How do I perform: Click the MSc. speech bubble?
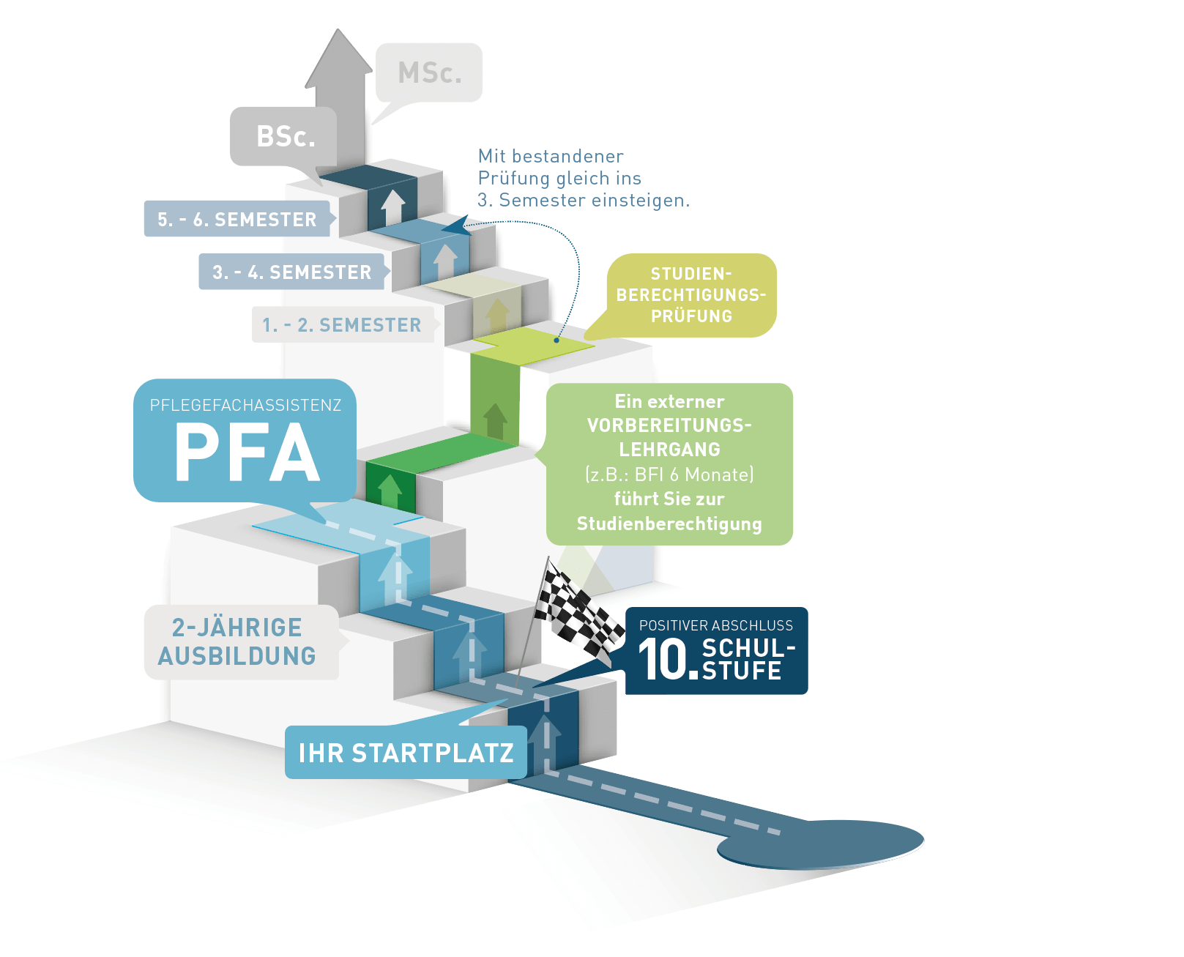click(429, 72)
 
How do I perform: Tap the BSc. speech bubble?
click(285, 137)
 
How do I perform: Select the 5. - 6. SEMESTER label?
click(237, 219)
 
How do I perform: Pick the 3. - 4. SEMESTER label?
click(291, 272)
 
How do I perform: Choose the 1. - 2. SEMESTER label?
click(342, 325)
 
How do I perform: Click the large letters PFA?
click(247, 453)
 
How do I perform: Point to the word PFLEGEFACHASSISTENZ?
click(245, 405)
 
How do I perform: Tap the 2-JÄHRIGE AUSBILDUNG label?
click(238, 641)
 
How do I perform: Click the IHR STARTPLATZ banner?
click(406, 753)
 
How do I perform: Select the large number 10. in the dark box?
click(667, 660)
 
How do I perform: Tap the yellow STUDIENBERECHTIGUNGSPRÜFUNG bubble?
click(691, 295)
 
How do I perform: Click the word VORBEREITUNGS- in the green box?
click(669, 425)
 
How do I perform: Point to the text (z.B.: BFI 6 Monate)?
click(669, 474)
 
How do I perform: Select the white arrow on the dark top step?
click(393, 206)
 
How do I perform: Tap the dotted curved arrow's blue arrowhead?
click(456, 226)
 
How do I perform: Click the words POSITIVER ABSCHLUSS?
click(715, 625)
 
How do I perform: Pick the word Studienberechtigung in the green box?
click(669, 524)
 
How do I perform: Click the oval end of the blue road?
click(820, 844)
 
